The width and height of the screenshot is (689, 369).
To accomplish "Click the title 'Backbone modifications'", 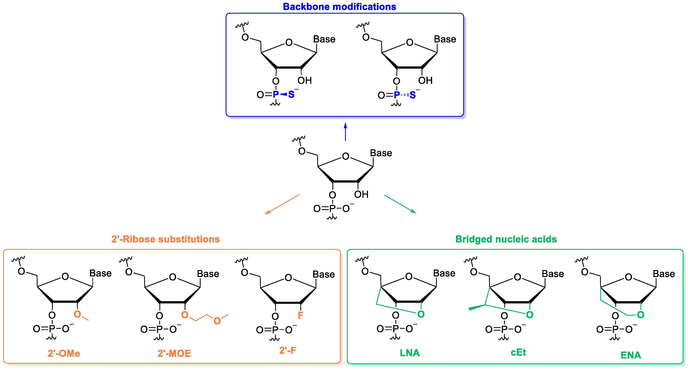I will [x=339, y=7].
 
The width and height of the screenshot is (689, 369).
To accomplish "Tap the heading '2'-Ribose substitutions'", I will [x=165, y=239].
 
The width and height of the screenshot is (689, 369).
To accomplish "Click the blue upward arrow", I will [x=345, y=132].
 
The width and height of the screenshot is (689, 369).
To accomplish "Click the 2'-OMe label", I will [x=64, y=354].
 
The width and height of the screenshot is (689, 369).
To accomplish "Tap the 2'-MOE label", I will [x=174, y=354].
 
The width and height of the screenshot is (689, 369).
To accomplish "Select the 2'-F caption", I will [x=288, y=350].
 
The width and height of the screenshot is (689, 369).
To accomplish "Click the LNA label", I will [x=410, y=353].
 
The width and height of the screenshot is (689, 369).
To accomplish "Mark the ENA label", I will [x=631, y=355].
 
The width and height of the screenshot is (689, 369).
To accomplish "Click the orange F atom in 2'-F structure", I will [x=300, y=315].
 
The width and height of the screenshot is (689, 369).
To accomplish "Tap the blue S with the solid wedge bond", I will [x=291, y=94].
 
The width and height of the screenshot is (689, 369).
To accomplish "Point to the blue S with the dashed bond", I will [x=412, y=95].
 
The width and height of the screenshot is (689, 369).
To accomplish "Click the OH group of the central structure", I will [x=361, y=195].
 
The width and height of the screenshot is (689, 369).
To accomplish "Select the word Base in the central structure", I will [x=381, y=153].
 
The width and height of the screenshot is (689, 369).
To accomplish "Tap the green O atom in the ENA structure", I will [x=640, y=315].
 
